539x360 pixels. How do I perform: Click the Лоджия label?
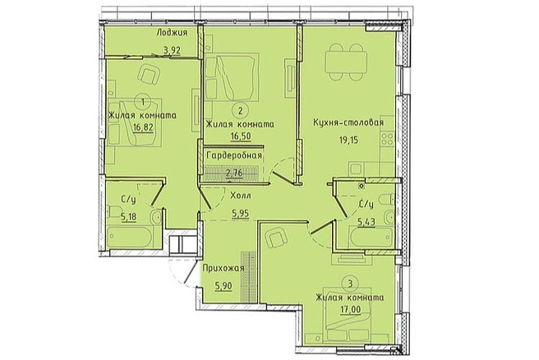click(172, 33)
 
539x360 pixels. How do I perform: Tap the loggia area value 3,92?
click(172, 50)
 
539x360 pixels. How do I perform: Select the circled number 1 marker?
click(143, 101)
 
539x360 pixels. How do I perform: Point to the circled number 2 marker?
click(240, 111)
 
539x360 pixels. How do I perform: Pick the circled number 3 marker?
click(350, 284)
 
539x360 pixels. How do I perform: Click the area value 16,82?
click(143, 128)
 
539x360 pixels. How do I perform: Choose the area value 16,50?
click(240, 136)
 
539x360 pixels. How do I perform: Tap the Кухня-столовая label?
click(348, 122)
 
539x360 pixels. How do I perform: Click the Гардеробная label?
click(234, 155)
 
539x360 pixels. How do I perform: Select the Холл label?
click(241, 196)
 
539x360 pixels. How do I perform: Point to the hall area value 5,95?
click(240, 214)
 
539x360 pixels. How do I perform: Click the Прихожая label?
click(223, 269)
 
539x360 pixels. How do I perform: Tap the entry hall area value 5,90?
click(223, 286)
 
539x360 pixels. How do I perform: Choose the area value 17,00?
click(351, 310)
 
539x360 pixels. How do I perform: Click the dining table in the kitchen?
click(347, 62)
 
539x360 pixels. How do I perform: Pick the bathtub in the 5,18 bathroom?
click(130, 237)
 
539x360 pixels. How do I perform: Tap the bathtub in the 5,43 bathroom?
click(371, 238)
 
